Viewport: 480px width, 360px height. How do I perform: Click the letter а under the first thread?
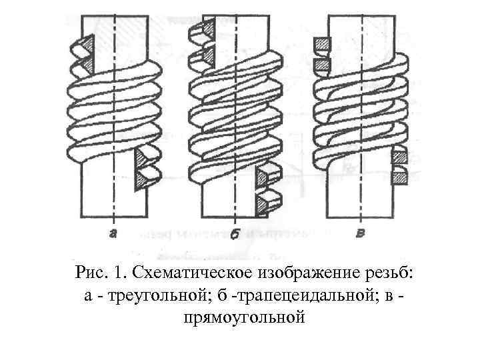[114, 233]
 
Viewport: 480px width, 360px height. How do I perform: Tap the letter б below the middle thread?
[235, 234]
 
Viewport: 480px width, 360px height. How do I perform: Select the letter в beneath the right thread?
[361, 233]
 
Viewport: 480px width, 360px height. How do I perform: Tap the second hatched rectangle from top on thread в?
[322, 65]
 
